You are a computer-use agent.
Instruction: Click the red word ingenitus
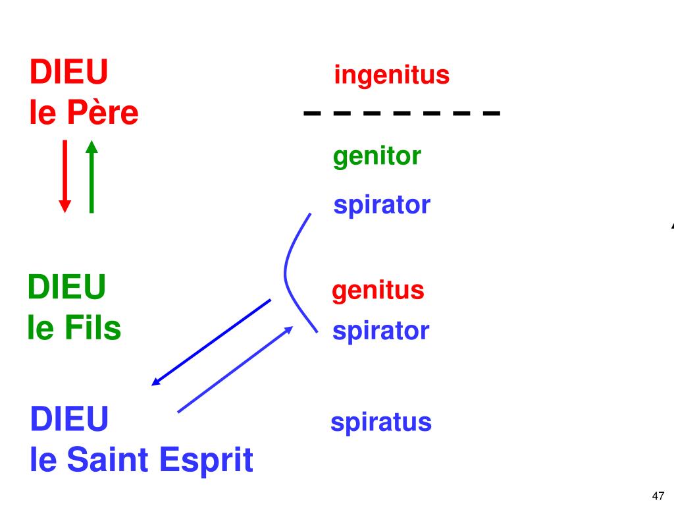(392, 75)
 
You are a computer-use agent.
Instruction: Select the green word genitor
(376, 157)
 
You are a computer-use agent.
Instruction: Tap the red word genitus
(378, 290)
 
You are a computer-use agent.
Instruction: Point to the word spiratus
(380, 422)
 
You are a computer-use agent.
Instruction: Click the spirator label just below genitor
(381, 205)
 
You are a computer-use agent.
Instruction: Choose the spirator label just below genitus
(380, 330)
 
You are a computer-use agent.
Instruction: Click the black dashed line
(402, 113)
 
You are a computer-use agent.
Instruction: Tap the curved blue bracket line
(286, 270)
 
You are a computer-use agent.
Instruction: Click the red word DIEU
(68, 72)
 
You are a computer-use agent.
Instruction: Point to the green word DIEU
(66, 287)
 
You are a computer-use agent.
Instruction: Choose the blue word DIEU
(69, 419)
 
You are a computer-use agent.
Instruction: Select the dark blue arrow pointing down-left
(211, 342)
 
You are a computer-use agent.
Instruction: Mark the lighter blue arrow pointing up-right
(235, 369)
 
